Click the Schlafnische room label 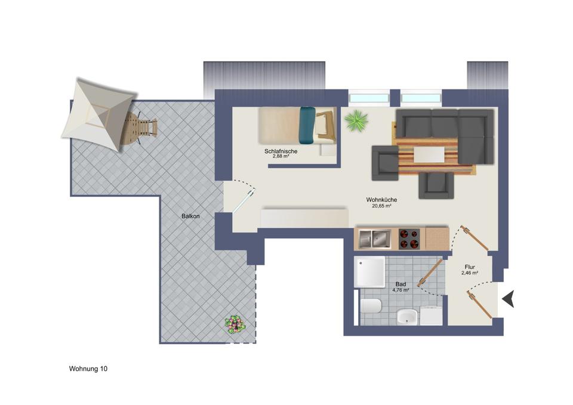(x=281, y=152)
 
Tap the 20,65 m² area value (x=381, y=206)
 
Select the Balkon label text (x=191, y=217)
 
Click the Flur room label (x=470, y=267)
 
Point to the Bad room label (x=401, y=285)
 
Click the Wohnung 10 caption (x=88, y=369)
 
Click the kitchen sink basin (x=374, y=239)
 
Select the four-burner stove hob (x=409, y=239)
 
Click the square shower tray (x=371, y=272)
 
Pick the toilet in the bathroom (x=370, y=307)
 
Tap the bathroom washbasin (x=408, y=317)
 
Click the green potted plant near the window (x=356, y=120)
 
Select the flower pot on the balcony (x=235, y=325)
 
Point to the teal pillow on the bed (x=307, y=125)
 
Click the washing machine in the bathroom (x=431, y=316)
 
